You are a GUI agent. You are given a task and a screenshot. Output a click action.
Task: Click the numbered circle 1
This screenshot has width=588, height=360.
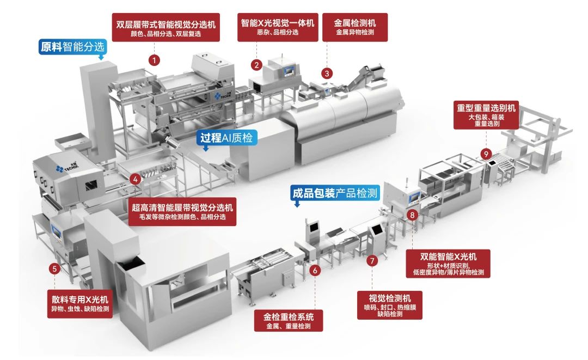tap(155, 60)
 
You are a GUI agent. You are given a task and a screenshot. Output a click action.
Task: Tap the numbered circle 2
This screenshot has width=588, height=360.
tap(256, 64)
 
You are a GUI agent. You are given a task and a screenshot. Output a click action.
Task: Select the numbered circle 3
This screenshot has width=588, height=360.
tap(327, 72)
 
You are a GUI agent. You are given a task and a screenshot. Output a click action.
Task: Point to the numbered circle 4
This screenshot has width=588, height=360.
tap(136, 178)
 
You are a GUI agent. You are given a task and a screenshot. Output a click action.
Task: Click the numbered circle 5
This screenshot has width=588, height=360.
tap(54, 268)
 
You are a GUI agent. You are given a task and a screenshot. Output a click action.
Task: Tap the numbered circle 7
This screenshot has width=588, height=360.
tap(371, 261)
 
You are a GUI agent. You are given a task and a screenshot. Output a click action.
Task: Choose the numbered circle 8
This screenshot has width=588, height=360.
tap(412, 216)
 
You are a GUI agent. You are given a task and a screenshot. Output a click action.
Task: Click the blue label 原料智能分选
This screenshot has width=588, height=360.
tap(72, 47)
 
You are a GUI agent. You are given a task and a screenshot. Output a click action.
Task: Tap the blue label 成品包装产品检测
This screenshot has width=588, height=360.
tap(335, 193)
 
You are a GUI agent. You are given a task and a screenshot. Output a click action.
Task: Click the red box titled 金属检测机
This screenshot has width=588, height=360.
tap(354, 27)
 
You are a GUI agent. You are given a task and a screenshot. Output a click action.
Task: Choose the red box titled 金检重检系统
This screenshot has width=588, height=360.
tap(289, 320)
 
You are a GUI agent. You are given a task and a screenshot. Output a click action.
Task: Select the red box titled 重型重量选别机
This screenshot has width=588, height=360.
tap(487, 114)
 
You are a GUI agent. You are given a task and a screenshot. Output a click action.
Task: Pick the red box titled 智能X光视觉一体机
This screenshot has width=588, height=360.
tap(278, 27)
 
